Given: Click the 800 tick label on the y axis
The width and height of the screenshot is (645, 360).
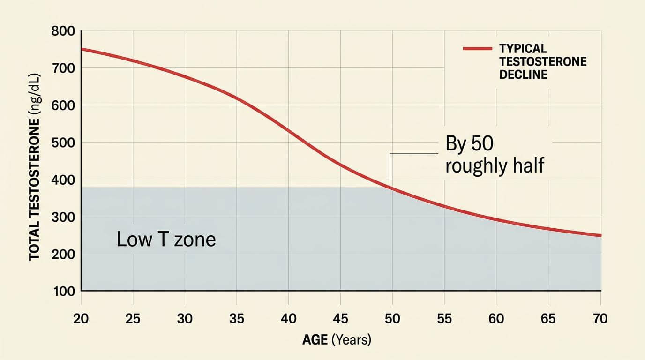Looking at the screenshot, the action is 63,31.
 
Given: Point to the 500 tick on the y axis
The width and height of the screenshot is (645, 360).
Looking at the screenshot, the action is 63,143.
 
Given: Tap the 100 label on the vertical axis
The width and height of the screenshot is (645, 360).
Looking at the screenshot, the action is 64,292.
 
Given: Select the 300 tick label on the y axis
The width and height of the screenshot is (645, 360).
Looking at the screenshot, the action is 63,217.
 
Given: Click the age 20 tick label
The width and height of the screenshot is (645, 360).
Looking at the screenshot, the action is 81,319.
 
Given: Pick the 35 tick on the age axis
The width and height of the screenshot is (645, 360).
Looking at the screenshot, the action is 237,319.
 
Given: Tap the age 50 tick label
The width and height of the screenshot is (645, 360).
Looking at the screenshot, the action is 392,319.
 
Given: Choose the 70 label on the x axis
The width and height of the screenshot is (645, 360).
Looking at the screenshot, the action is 600,319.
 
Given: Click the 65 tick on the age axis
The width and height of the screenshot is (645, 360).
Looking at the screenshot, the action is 548,319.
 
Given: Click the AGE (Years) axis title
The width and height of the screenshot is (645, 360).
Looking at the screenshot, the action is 337,340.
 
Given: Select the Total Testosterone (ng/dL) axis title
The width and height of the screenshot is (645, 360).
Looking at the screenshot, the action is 34,167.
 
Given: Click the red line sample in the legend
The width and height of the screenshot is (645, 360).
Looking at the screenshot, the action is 477,49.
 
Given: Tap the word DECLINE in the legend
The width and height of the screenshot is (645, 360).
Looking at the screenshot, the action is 523,75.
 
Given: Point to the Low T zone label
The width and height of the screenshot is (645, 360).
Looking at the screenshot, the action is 166,240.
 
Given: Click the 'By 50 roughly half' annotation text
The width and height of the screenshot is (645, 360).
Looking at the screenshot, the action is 495,155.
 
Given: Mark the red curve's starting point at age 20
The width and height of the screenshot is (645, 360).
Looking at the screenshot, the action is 82,49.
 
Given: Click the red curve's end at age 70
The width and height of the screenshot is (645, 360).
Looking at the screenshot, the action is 600,236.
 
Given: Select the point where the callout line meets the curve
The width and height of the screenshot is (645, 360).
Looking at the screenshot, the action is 390,187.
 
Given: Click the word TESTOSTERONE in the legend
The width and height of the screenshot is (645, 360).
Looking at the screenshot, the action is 543,61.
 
